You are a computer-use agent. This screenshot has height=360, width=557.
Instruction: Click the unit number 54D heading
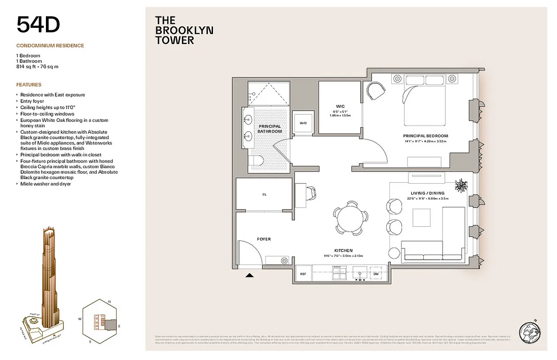pos(38,25)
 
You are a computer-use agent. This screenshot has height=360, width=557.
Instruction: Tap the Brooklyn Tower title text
pos(184,30)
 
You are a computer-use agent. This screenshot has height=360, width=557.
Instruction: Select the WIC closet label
pos(340,106)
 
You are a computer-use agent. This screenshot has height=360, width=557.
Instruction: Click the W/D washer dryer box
pos(303,122)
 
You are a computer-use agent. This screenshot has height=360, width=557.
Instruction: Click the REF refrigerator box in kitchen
pos(303,274)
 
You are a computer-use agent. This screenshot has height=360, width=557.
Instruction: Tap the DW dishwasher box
pos(376,274)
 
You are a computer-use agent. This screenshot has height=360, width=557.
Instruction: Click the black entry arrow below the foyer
pos(249,275)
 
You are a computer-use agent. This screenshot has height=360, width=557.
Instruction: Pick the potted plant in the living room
pos(461,185)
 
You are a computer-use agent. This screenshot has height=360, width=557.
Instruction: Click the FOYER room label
pos(264,239)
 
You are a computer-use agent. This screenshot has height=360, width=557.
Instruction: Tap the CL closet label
pos(264,195)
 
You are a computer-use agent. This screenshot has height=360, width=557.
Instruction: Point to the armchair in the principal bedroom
pos(376,90)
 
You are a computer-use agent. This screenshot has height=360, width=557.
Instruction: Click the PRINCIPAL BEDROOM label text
pos(426,136)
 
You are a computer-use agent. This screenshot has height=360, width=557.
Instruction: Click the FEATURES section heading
pos(29,85)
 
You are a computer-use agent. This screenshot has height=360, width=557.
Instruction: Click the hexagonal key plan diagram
pos(100,322)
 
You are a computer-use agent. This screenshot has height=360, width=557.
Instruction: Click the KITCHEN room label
pos(343,251)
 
